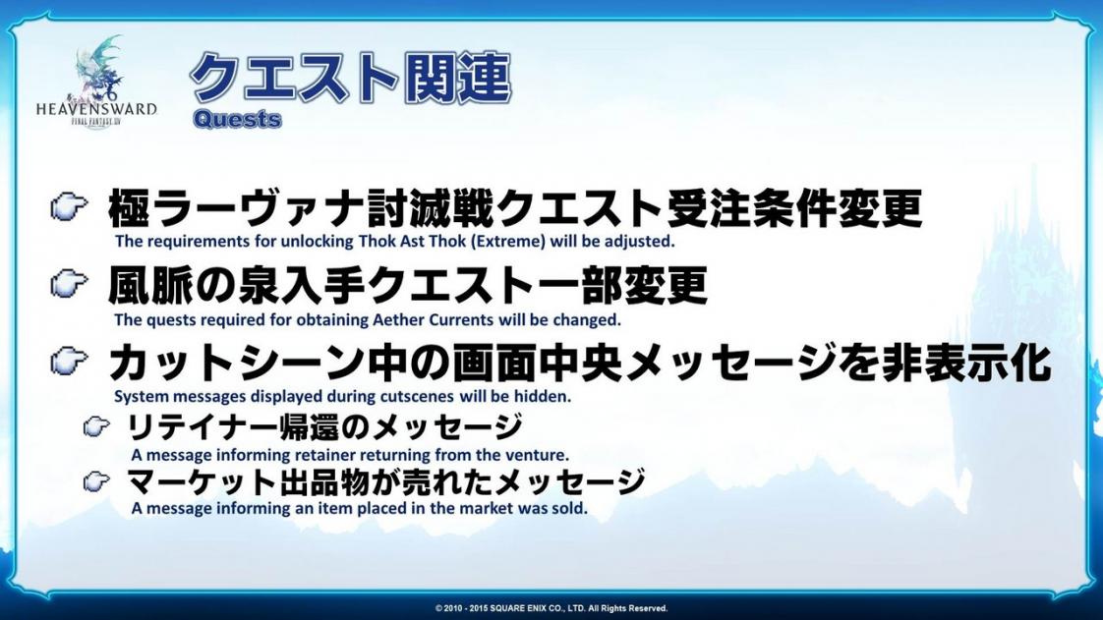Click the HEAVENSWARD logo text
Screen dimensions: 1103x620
(x=96, y=108)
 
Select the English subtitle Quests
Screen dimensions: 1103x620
(x=237, y=119)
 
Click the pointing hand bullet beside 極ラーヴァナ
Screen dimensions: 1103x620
(x=69, y=207)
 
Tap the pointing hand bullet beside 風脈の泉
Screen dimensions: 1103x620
(x=69, y=285)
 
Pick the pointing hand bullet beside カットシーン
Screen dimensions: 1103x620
(x=69, y=362)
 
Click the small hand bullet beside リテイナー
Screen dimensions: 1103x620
(x=96, y=426)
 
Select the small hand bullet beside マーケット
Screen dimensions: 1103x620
(x=96, y=481)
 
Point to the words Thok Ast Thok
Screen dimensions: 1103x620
(x=412, y=241)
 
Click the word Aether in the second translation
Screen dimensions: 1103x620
(x=397, y=320)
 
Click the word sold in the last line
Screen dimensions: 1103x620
(x=570, y=508)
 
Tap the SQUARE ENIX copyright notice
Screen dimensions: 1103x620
(x=551, y=608)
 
